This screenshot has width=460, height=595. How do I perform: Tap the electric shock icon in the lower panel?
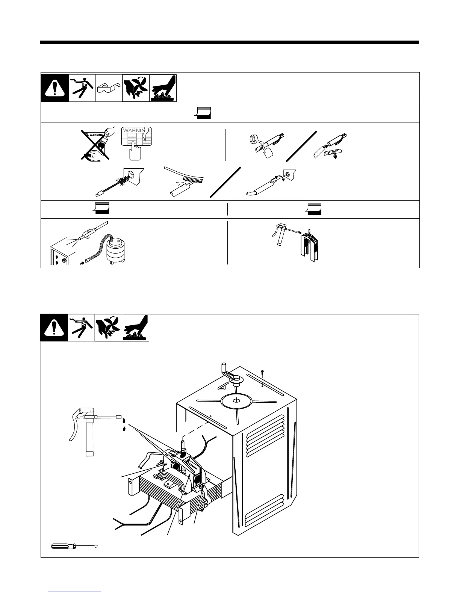point(82,328)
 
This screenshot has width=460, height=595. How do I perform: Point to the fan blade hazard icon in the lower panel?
point(108,328)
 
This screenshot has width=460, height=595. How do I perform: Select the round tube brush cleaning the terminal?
point(116,184)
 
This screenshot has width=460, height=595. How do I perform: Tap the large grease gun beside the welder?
point(90,428)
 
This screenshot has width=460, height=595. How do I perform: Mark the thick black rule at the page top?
point(230,42)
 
